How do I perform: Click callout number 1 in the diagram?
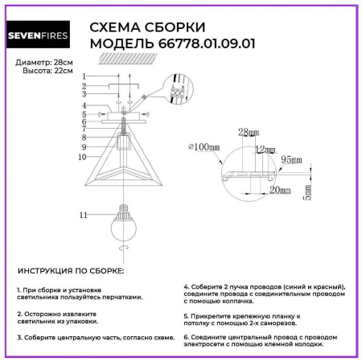[84, 76]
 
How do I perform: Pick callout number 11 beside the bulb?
[83, 216]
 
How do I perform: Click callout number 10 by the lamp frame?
[83, 158]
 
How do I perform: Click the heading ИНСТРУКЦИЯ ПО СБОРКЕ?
[71, 272]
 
